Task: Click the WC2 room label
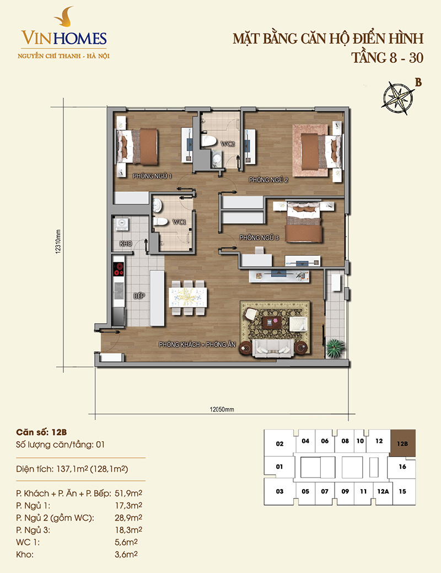tap(228, 144)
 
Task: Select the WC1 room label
tap(179, 222)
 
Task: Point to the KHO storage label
tap(126, 243)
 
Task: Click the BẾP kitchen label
tap(139, 296)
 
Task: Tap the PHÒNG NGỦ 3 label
tap(259, 238)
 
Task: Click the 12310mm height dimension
tap(58, 242)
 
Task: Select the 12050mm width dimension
tap(222, 409)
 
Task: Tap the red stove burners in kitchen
tap(119, 269)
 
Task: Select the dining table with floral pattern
tap(188, 297)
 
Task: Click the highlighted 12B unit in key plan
tap(402, 443)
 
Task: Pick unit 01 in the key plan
tap(279, 467)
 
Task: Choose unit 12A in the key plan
tap(383, 491)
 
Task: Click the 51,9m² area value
tap(128, 494)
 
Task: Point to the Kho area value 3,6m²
tap(126, 554)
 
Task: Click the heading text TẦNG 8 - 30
tap(388, 57)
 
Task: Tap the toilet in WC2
tap(209, 141)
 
